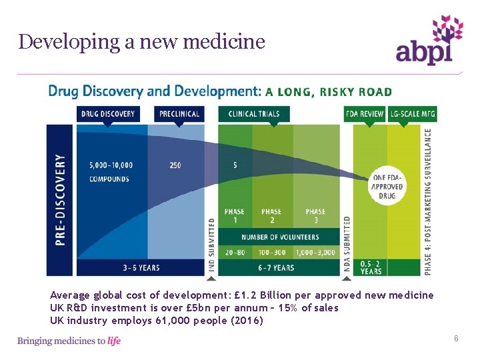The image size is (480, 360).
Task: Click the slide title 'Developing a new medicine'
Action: click(x=142, y=42)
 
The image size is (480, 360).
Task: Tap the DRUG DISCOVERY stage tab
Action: click(x=108, y=114)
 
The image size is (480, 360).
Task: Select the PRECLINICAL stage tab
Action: click(x=179, y=114)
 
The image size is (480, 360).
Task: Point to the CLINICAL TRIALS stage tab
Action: click(x=253, y=114)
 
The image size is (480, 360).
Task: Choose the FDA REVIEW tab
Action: click(x=365, y=114)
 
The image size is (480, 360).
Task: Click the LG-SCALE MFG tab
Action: click(x=413, y=114)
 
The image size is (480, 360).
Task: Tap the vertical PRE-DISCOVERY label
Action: click(x=61, y=200)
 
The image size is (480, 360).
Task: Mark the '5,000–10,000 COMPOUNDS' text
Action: click(x=111, y=172)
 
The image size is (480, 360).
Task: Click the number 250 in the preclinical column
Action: click(x=175, y=165)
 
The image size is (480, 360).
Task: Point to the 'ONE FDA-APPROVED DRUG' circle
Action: click(x=387, y=187)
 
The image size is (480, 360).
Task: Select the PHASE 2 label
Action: click(x=271, y=216)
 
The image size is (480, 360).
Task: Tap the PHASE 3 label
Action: click(x=315, y=216)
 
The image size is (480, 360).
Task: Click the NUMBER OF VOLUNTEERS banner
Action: click(x=280, y=237)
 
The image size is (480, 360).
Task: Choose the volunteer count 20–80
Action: click(x=235, y=252)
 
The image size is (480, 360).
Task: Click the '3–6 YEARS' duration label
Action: click(x=141, y=268)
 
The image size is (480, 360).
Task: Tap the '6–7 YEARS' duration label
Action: click(x=275, y=268)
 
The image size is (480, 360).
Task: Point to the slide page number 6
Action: click(x=456, y=339)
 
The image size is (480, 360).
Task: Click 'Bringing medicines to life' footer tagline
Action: click(x=69, y=341)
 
